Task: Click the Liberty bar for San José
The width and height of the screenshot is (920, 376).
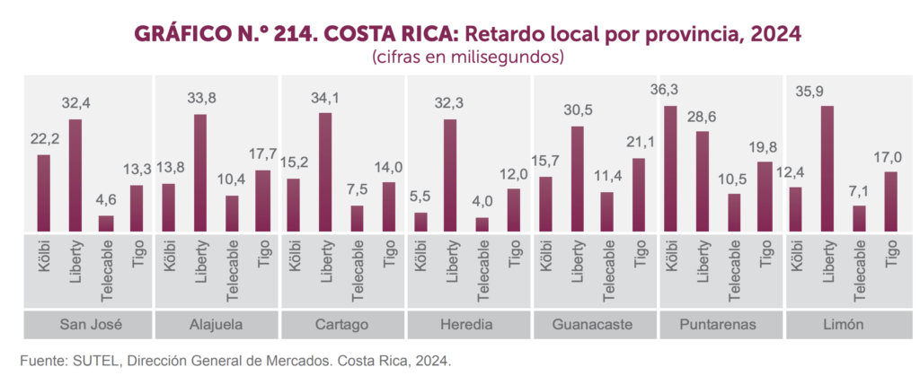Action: (x=75, y=176)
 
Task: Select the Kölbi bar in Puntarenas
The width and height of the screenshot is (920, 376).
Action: (x=669, y=170)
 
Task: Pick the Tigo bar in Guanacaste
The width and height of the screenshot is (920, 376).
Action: (x=639, y=196)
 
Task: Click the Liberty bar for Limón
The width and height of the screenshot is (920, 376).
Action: (x=827, y=170)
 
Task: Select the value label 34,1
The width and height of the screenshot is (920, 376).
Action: (x=324, y=97)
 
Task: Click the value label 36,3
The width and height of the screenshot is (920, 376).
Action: (x=669, y=90)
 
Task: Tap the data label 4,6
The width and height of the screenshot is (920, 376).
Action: (x=106, y=200)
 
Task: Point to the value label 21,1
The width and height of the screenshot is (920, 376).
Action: (x=639, y=144)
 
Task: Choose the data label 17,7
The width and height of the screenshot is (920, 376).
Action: (x=262, y=154)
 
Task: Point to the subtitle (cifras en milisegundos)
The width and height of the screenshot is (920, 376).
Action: (x=466, y=57)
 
